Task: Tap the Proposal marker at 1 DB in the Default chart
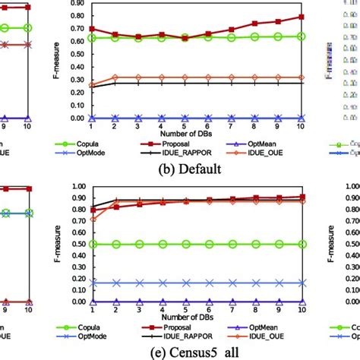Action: (93, 29)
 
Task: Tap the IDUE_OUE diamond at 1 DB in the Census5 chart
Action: (93, 219)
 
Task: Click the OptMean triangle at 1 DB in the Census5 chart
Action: (93, 302)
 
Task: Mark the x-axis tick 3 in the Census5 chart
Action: (139, 309)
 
